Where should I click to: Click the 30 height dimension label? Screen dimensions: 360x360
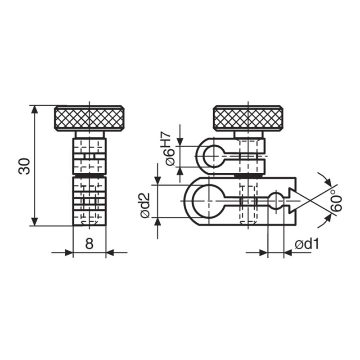pos(25,166)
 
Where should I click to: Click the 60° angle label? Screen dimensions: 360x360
pos(336,201)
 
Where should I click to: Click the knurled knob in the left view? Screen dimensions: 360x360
pos(89,118)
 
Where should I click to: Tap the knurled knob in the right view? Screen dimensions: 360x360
pos(248,118)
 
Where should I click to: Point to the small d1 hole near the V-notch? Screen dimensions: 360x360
pos(276,201)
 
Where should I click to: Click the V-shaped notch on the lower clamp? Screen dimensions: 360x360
pos(292,200)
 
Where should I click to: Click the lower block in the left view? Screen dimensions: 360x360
pos(89,200)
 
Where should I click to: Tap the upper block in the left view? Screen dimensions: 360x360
pos(89,155)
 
